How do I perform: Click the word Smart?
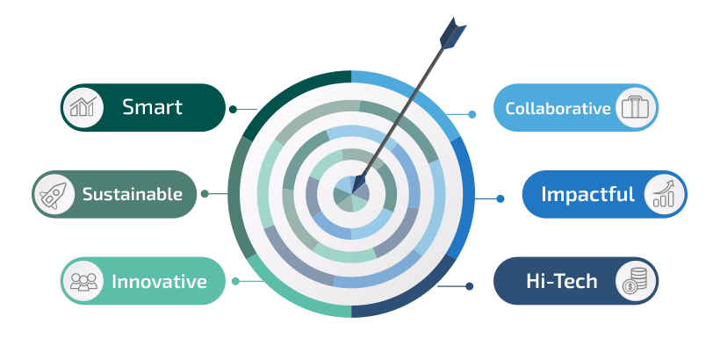tap(152, 107)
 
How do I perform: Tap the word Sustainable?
tap(132, 194)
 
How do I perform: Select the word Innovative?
tap(159, 282)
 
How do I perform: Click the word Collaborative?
tap(558, 109)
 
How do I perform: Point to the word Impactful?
tap(587, 194)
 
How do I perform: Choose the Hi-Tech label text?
tap(561, 282)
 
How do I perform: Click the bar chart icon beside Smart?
tap(83, 107)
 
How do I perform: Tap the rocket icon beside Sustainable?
tap(55, 194)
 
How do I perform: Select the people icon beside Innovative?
tap(83, 281)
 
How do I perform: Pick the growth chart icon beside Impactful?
tap(664, 194)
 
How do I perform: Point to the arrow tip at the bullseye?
tap(356, 186)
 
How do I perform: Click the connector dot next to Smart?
tap(233, 110)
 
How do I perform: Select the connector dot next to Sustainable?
tap(205, 194)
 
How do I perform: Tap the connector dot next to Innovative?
tap(235, 281)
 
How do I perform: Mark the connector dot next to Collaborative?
tap(472, 114)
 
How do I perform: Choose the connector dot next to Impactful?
tap(500, 198)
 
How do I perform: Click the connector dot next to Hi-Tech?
tap(470, 285)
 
